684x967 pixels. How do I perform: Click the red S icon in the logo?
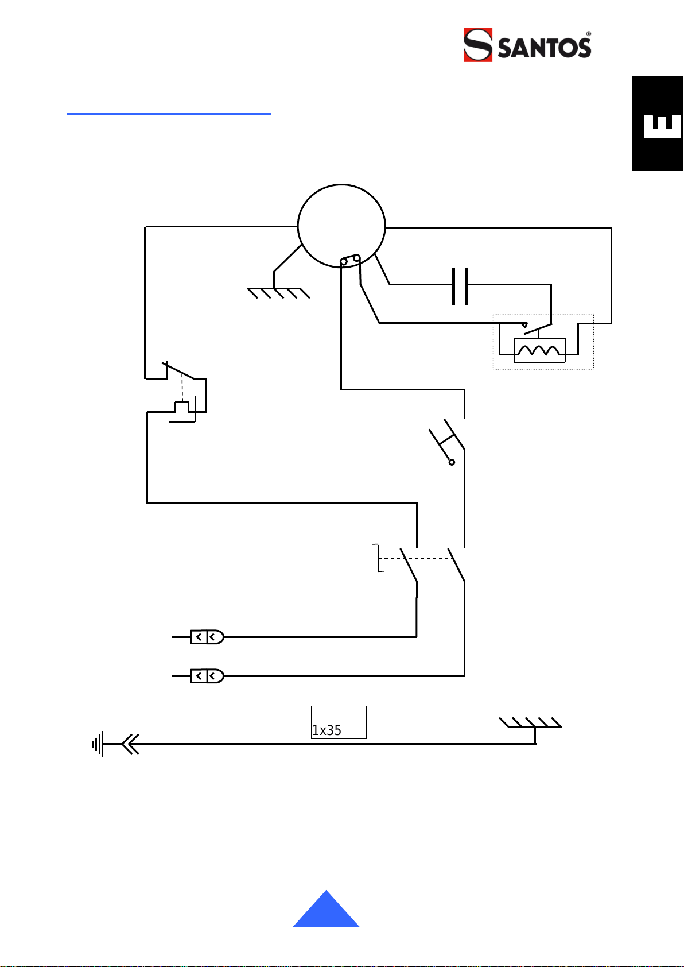pyautogui.click(x=478, y=45)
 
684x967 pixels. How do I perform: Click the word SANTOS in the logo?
pyautogui.click(x=544, y=48)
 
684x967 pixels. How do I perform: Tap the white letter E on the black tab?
pyautogui.click(x=662, y=126)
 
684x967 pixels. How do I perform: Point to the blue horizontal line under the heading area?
pyautogui.click(x=169, y=114)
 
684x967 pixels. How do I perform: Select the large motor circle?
pyautogui.click(x=341, y=185)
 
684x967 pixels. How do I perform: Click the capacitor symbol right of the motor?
pyautogui.click(x=460, y=286)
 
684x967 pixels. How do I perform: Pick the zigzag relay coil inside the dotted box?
pyautogui.click(x=539, y=350)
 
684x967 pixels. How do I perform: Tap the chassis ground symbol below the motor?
pyautogui.click(x=278, y=293)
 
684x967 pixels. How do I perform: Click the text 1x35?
pyautogui.click(x=327, y=730)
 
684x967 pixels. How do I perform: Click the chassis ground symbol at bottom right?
pyautogui.click(x=530, y=722)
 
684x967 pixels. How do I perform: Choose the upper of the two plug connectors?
pyautogui.click(x=207, y=637)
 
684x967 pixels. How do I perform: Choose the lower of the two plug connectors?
pyautogui.click(x=207, y=676)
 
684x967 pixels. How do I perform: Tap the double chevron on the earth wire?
pyautogui.click(x=130, y=744)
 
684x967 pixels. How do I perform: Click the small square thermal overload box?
pyautogui.click(x=182, y=409)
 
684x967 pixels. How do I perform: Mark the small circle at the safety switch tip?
pyautogui.click(x=452, y=462)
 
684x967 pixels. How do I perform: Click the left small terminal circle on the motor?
pyautogui.click(x=344, y=262)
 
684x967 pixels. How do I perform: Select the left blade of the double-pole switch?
pyautogui.click(x=409, y=565)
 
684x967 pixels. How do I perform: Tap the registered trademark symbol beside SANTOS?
pyautogui.click(x=589, y=34)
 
